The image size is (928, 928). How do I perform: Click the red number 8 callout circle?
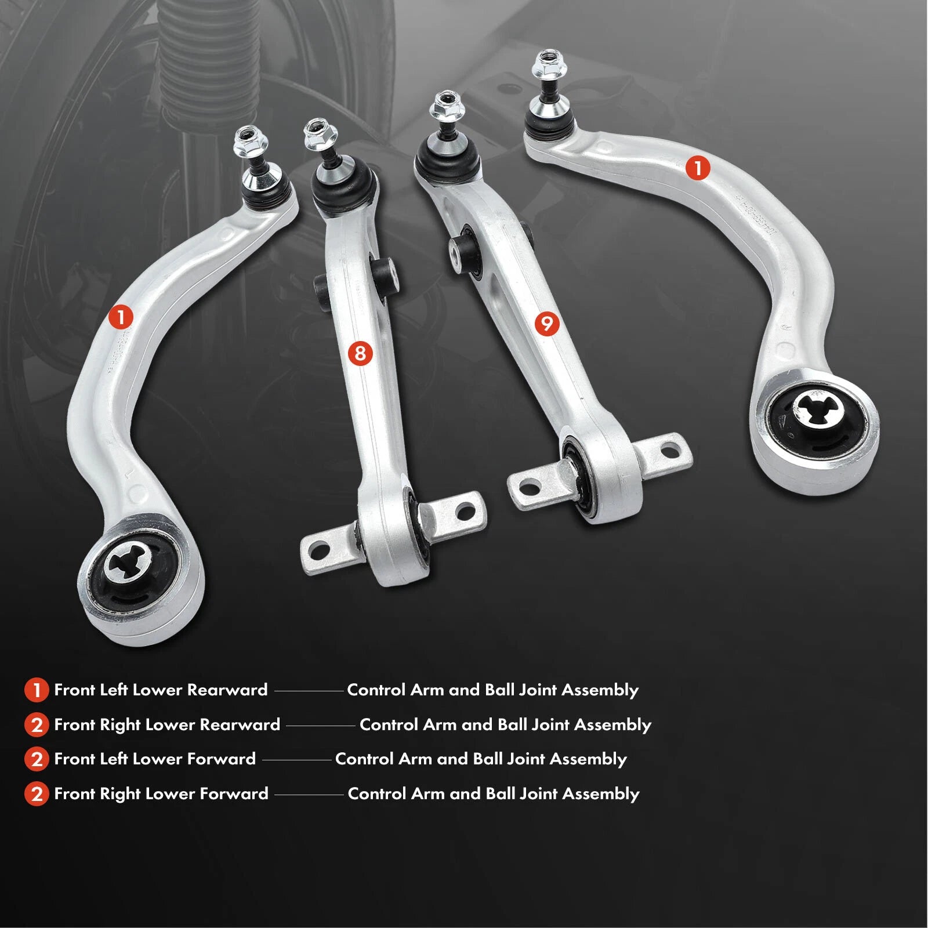360,353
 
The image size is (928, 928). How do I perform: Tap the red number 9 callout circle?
547,323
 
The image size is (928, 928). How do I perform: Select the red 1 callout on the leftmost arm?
121,317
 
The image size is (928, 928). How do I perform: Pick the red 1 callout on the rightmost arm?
697,168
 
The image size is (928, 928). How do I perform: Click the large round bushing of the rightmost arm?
816,416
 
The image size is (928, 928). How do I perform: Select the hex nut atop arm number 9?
445,105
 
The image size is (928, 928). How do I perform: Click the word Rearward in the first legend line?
227,690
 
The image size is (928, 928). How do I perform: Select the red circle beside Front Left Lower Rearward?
37,690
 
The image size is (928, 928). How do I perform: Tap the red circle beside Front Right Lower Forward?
37,794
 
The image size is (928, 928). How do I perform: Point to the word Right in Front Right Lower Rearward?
120,725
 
